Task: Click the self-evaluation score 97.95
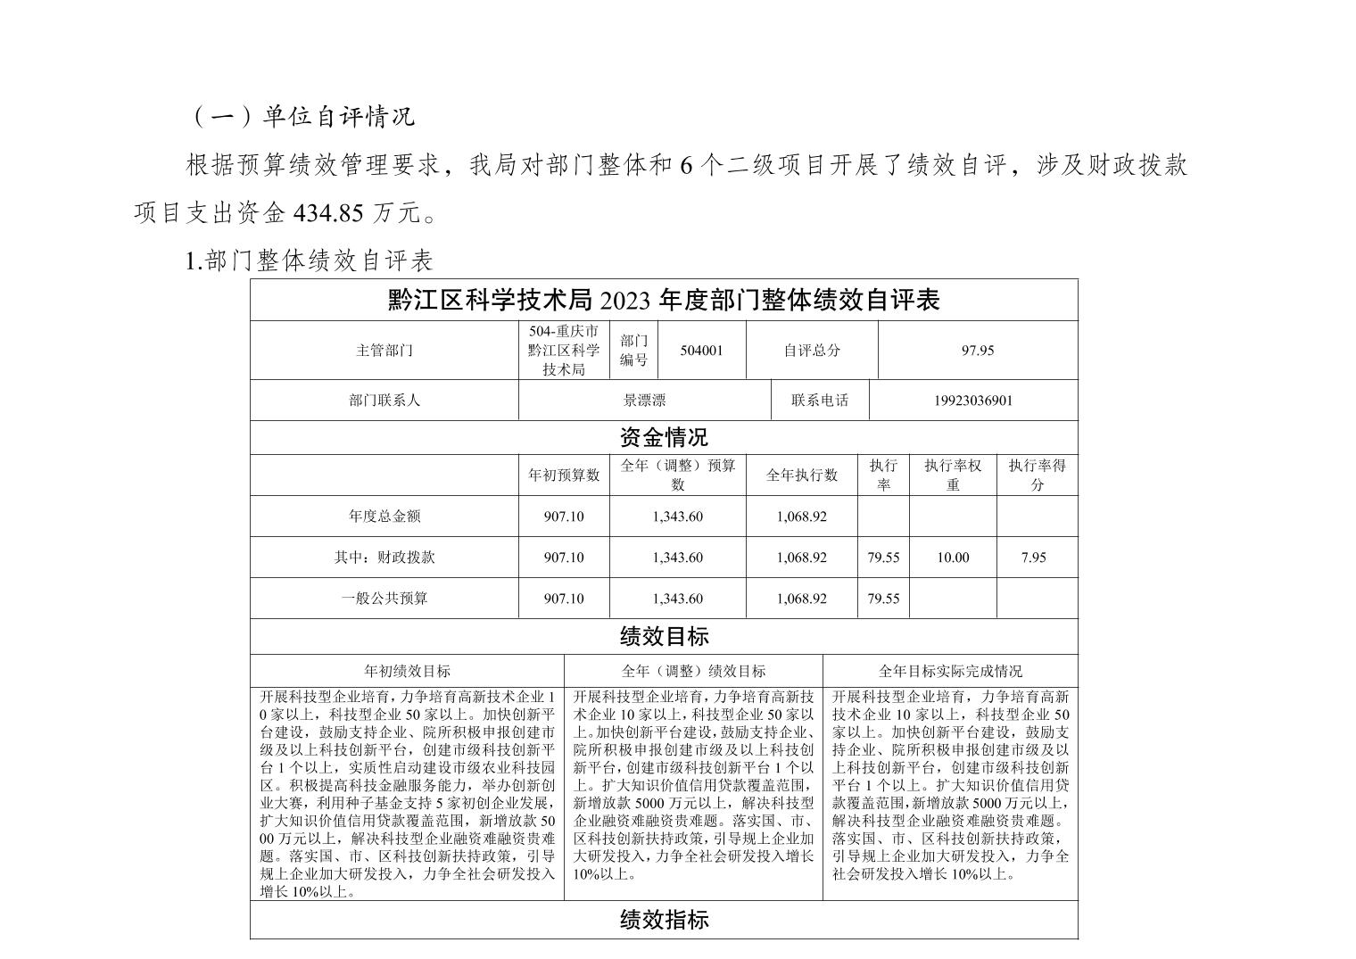tap(977, 351)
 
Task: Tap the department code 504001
tap(701, 351)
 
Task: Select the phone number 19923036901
tap(973, 401)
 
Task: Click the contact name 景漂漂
tap(644, 401)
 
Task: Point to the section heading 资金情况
tap(664, 438)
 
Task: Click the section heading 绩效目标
tap(664, 637)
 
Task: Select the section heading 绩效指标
tap(664, 920)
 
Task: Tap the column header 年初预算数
tap(564, 475)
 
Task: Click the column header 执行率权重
tap(953, 475)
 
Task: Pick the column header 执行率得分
tap(1037, 475)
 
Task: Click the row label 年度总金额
tap(384, 517)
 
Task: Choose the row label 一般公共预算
tap(384, 599)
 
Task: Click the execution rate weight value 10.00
tap(953, 558)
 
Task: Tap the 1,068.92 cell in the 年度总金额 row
tap(801, 517)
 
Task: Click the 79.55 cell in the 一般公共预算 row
tap(883, 599)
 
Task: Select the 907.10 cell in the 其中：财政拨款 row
tap(564, 558)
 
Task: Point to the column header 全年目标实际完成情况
tap(950, 671)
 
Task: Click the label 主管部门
tap(384, 351)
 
